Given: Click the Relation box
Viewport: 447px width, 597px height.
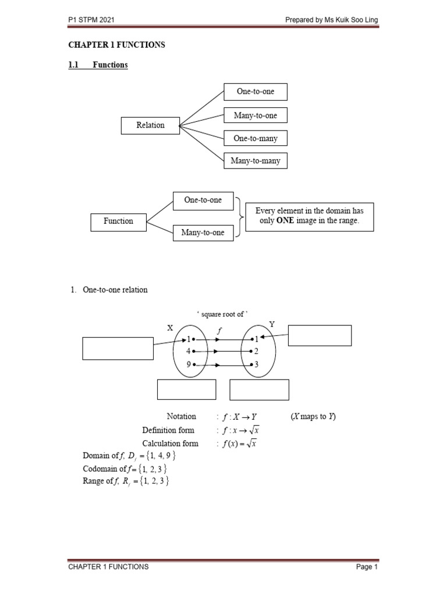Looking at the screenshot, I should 150,125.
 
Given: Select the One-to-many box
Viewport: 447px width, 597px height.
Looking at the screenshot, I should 256,138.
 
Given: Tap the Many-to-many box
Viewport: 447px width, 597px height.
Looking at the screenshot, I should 256,161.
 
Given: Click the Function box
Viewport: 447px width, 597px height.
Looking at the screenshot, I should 118,222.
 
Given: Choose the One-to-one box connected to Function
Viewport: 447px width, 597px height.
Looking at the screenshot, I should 203,200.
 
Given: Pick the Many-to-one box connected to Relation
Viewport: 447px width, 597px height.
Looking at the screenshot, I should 256,115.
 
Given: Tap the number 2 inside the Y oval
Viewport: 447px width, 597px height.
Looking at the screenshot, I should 256,352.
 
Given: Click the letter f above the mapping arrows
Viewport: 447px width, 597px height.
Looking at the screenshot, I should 219,330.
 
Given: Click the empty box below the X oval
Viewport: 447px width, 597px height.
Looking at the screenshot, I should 186,389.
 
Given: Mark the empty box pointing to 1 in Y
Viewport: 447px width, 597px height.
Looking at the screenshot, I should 320,335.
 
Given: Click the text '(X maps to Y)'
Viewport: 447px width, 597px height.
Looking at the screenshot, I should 313,417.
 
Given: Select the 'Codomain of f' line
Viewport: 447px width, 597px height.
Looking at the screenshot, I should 127,469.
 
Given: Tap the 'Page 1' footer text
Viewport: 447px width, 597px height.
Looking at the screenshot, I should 367,567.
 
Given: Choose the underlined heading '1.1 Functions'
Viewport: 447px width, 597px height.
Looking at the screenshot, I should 98,65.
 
